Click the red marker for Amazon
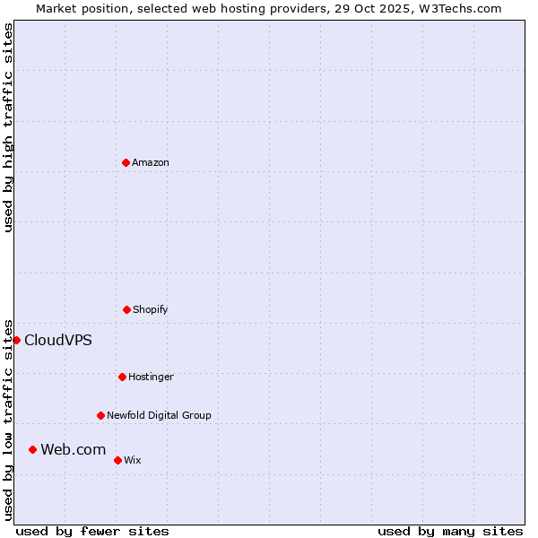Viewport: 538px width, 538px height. click(126, 162)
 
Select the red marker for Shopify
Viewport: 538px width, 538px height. click(126, 309)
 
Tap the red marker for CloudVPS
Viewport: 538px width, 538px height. click(16, 340)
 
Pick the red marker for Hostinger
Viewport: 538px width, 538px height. click(122, 377)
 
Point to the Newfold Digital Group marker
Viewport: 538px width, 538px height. click(100, 415)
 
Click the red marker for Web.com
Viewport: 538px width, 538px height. click(32, 449)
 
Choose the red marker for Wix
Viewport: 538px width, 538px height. click(117, 460)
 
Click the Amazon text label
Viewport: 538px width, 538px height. click(151, 162)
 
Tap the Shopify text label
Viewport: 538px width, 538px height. click(151, 309)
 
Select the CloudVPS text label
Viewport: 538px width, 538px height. click(57, 340)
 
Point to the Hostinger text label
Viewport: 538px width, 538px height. click(151, 377)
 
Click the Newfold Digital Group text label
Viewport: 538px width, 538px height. click(159, 415)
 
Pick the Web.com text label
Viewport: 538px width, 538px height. click(73, 449)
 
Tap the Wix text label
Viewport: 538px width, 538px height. click(133, 460)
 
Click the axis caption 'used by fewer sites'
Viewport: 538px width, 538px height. click(92, 531)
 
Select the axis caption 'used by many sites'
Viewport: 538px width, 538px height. click(450, 531)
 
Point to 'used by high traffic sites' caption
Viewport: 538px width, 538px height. click(8, 127)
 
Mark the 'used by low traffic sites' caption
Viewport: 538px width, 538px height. click(8, 419)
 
